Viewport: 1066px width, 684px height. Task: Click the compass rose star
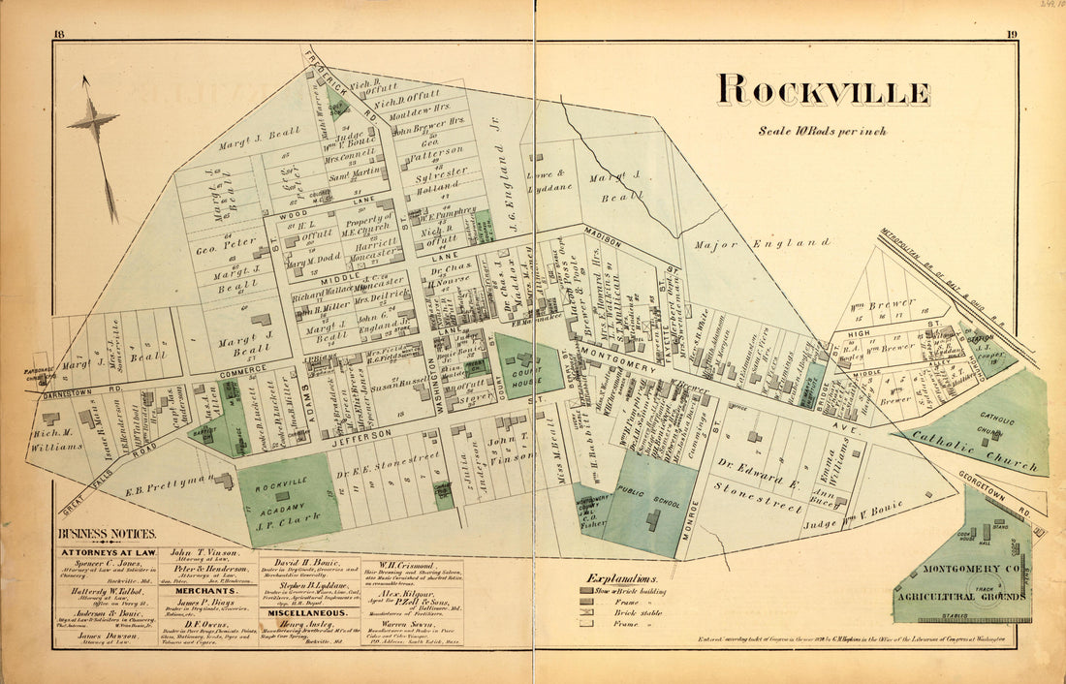tap(94, 121)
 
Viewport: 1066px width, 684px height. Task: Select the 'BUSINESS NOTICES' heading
tap(106, 534)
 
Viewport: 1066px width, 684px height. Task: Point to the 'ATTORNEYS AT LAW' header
tap(108, 552)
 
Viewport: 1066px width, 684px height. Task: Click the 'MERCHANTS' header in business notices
tap(205, 589)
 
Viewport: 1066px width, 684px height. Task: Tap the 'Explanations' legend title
tap(620, 578)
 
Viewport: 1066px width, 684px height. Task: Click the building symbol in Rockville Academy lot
tap(283, 496)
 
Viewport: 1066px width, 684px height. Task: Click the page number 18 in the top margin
tap(60, 36)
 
